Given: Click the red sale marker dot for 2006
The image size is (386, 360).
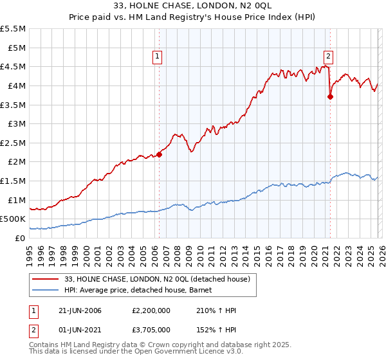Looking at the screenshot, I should (x=160, y=154).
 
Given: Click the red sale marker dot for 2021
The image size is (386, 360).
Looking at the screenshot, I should (x=330, y=97).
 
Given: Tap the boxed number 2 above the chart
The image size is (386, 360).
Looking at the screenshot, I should (x=328, y=55).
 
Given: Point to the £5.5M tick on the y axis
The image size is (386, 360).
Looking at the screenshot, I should (x=14, y=29).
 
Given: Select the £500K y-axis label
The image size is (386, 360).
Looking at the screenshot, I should (x=13, y=219).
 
